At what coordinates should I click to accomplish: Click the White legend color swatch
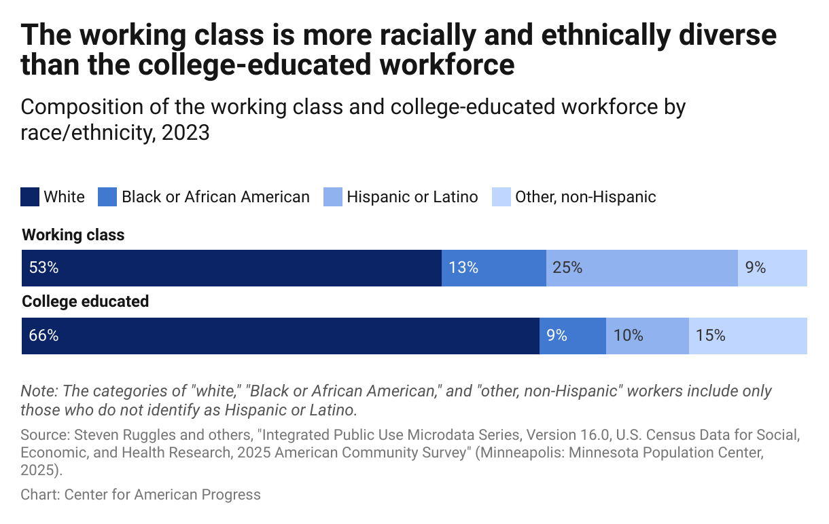tap(31, 197)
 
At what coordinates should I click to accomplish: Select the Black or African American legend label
tap(215, 197)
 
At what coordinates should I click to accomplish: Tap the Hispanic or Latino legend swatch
tap(333, 197)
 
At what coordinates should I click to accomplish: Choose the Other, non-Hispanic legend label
tap(585, 197)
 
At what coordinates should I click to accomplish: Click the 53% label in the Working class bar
tap(43, 268)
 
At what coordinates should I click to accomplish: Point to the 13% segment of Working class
tap(493, 268)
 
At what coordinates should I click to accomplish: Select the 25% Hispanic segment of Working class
tap(641, 268)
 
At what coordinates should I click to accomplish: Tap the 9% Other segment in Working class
tap(773, 268)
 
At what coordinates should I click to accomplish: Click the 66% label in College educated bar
tap(43, 335)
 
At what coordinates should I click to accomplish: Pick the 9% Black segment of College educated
tap(572, 335)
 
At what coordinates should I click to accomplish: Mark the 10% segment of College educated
tap(647, 335)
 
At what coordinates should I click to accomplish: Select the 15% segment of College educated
tap(747, 335)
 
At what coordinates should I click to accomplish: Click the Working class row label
tap(73, 236)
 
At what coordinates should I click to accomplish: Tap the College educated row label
tap(86, 301)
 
